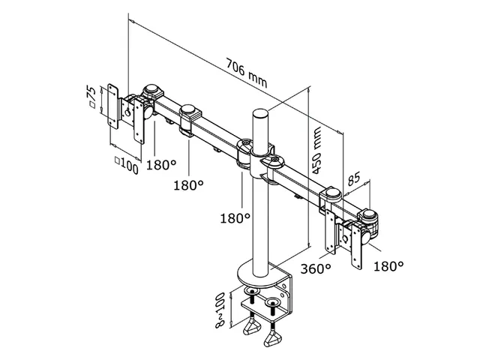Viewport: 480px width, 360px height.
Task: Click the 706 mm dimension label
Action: [247, 73]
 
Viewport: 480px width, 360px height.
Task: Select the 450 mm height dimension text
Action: [316, 150]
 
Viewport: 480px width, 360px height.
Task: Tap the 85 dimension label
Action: [353, 178]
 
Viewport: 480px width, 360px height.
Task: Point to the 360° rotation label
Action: [316, 268]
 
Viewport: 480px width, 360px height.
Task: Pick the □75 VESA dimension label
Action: [92, 97]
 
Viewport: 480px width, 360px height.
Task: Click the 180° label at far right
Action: [388, 266]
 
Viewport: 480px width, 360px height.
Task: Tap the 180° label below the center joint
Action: [235, 218]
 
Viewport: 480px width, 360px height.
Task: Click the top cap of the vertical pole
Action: [260, 113]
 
